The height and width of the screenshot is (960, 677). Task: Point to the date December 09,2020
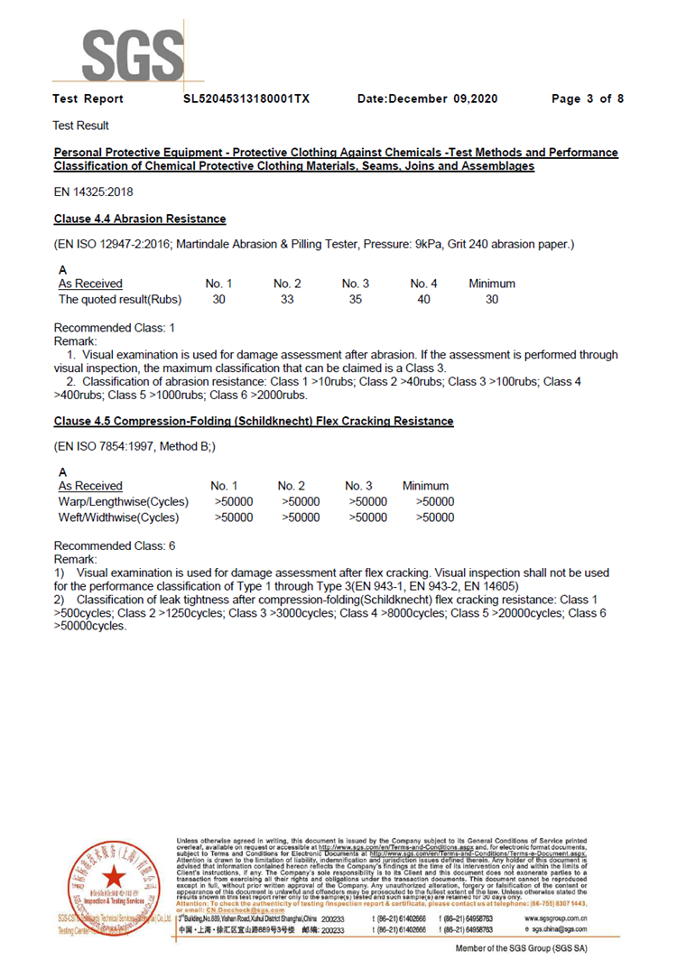pos(427,98)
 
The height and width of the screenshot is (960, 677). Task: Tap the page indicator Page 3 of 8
pos(588,98)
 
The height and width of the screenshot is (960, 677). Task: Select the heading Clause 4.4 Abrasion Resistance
pos(140,219)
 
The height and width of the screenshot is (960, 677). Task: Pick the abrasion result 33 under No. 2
pos(287,300)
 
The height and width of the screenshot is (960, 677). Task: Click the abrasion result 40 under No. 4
pos(423,300)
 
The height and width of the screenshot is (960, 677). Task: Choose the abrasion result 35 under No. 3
pos(356,300)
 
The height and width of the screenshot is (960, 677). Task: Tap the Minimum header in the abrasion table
pos(492,284)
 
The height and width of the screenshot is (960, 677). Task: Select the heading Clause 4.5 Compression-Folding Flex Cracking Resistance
pos(254,422)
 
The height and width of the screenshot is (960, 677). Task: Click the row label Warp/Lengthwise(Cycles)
pos(124,501)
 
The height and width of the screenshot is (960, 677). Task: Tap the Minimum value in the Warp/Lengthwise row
pos(434,501)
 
